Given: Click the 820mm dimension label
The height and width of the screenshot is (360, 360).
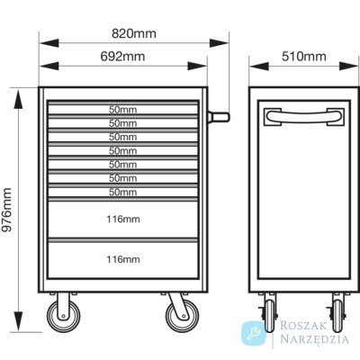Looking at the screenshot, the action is [x=134, y=33].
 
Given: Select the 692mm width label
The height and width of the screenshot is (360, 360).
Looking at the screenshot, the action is [x=122, y=56].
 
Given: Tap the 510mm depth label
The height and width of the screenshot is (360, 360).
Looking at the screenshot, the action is [x=304, y=56].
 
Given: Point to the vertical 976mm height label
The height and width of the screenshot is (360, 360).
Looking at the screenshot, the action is [x=6, y=210].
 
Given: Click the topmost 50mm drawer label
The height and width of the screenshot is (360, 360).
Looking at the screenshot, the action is [x=122, y=110].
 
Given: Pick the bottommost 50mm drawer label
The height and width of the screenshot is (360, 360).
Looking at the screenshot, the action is [x=122, y=192].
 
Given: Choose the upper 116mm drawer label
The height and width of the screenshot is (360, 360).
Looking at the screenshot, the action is [x=123, y=220].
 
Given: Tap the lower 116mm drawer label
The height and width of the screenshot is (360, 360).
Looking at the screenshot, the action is [x=123, y=259].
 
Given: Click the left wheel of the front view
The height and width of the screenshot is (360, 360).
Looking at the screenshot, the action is [x=63, y=316].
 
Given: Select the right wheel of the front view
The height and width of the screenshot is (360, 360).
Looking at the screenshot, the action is [x=183, y=316].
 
